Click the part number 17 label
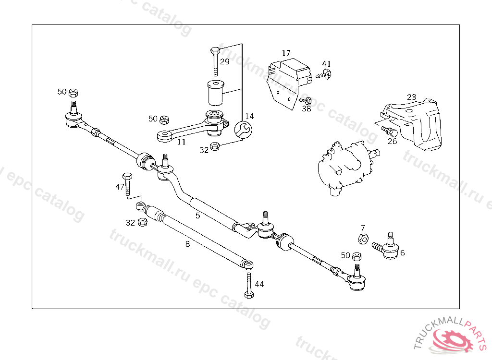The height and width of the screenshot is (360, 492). [x=286, y=53]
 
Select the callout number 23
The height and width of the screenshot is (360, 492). [x=411, y=97]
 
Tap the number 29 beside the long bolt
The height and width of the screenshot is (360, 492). [x=225, y=61]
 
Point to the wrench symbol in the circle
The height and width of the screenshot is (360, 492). [x=243, y=130]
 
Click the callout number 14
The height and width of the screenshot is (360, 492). [x=249, y=116]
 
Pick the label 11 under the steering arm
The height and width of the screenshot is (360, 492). [x=181, y=142]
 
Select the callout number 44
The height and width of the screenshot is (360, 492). [x=259, y=284]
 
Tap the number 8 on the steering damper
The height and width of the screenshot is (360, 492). [x=187, y=244]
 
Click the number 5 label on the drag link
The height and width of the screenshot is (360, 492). [x=197, y=216]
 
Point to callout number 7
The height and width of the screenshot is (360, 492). [x=363, y=228]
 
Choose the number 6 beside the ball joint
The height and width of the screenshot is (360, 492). [x=402, y=252]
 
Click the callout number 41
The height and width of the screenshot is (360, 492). [x=327, y=64]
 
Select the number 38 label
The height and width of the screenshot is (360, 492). [x=306, y=108]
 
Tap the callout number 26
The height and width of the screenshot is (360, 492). [x=393, y=141]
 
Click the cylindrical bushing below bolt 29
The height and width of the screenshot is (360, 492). [x=215, y=93]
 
